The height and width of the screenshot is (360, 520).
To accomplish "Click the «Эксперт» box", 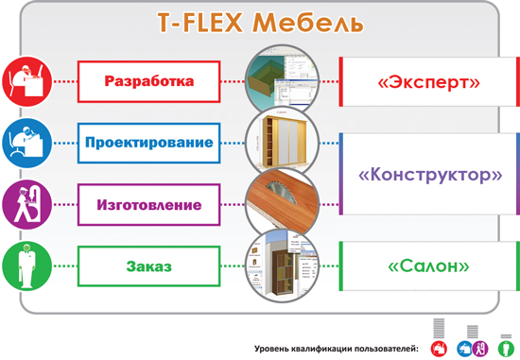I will (x=427, y=83).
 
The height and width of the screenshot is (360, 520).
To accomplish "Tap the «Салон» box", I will (x=427, y=267).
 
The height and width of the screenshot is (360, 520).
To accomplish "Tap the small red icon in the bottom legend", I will (x=438, y=349).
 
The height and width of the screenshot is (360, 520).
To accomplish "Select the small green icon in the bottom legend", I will (x=504, y=349).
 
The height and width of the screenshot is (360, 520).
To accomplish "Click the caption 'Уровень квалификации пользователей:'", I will (x=335, y=350).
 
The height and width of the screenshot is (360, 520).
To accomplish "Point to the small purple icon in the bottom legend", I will (x=479, y=349).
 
